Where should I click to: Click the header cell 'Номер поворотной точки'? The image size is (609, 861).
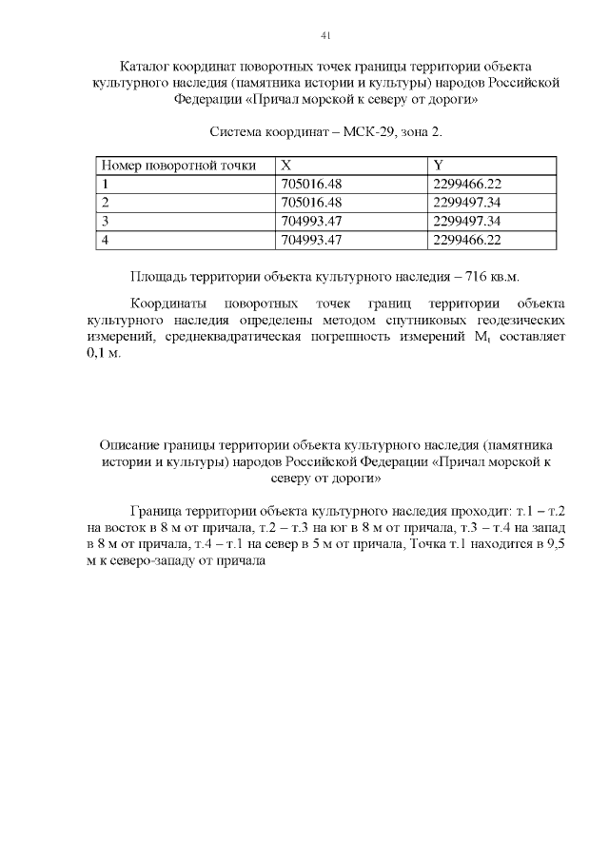pyautogui.click(x=179, y=166)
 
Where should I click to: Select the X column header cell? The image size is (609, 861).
pyautogui.click(x=287, y=166)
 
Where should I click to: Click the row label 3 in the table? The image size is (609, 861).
pyautogui.click(x=106, y=222)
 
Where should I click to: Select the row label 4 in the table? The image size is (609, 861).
pyautogui.click(x=106, y=240)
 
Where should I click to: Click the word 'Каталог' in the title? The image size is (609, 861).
pyautogui.click(x=147, y=67)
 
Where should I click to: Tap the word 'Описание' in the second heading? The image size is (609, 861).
pyautogui.click(x=130, y=444)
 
